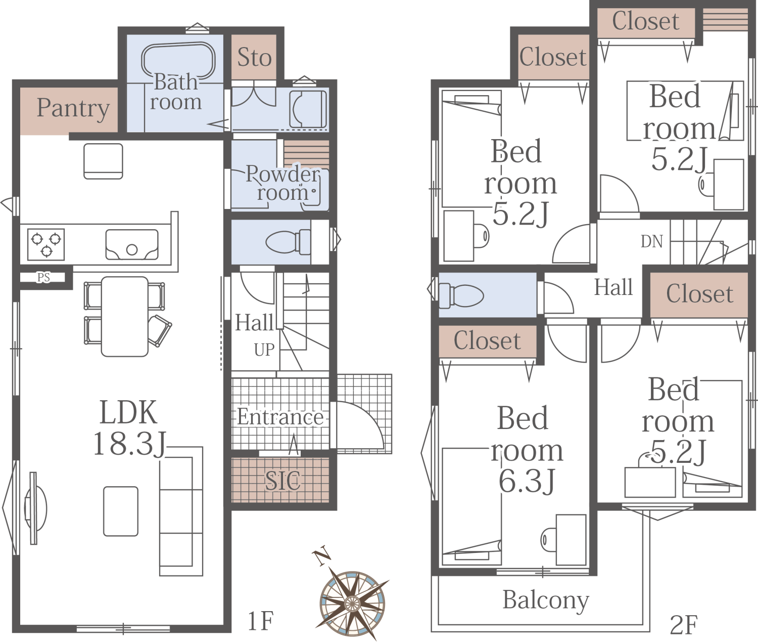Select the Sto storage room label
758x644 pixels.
pyautogui.click(x=254, y=57)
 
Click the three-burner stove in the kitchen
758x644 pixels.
pyautogui.click(x=46, y=244)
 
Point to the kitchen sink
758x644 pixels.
pyautogui.click(x=132, y=244)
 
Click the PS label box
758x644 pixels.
pyautogui.click(x=43, y=278)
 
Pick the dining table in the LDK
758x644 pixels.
pyautogui.click(x=125, y=317)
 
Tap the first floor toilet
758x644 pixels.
pyautogui.click(x=288, y=242)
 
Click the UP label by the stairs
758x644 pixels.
pyautogui.click(x=264, y=350)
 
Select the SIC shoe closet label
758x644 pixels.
pyautogui.click(x=283, y=481)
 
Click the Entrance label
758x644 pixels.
pyautogui.click(x=280, y=417)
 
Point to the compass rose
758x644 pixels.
pyautogui.click(x=352, y=603)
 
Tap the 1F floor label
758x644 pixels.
pyautogui.click(x=261, y=621)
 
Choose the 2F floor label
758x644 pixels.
pyautogui.click(x=684, y=625)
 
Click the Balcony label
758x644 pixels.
pyautogui.click(x=546, y=600)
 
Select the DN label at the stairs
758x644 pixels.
pyautogui.click(x=652, y=242)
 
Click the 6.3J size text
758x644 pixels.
pyautogui.click(x=527, y=481)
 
